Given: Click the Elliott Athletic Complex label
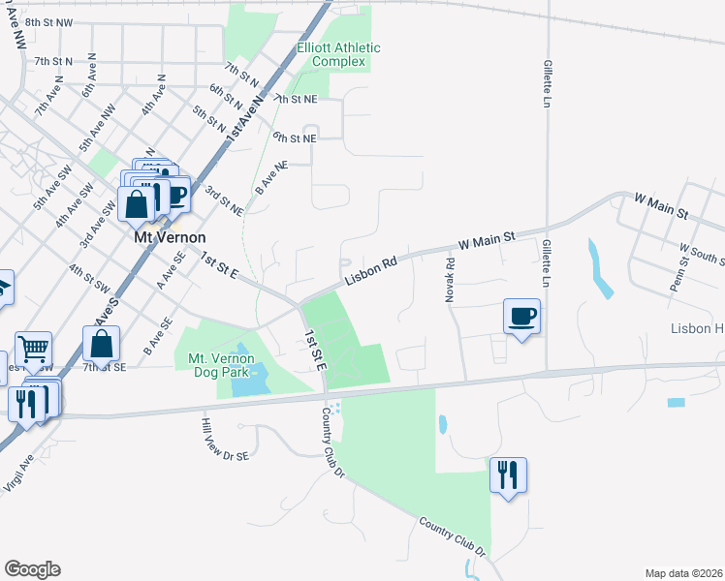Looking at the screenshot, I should (x=338, y=54).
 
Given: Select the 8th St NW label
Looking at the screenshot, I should (x=50, y=22).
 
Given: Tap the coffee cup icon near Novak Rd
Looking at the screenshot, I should (x=521, y=317).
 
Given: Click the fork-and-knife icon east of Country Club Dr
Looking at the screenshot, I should (x=507, y=474).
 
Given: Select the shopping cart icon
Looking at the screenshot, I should (x=33, y=349).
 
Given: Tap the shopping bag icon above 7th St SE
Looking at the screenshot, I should (x=103, y=344).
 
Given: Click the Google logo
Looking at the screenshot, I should (x=32, y=569).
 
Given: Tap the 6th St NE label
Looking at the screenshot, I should (x=295, y=138).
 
